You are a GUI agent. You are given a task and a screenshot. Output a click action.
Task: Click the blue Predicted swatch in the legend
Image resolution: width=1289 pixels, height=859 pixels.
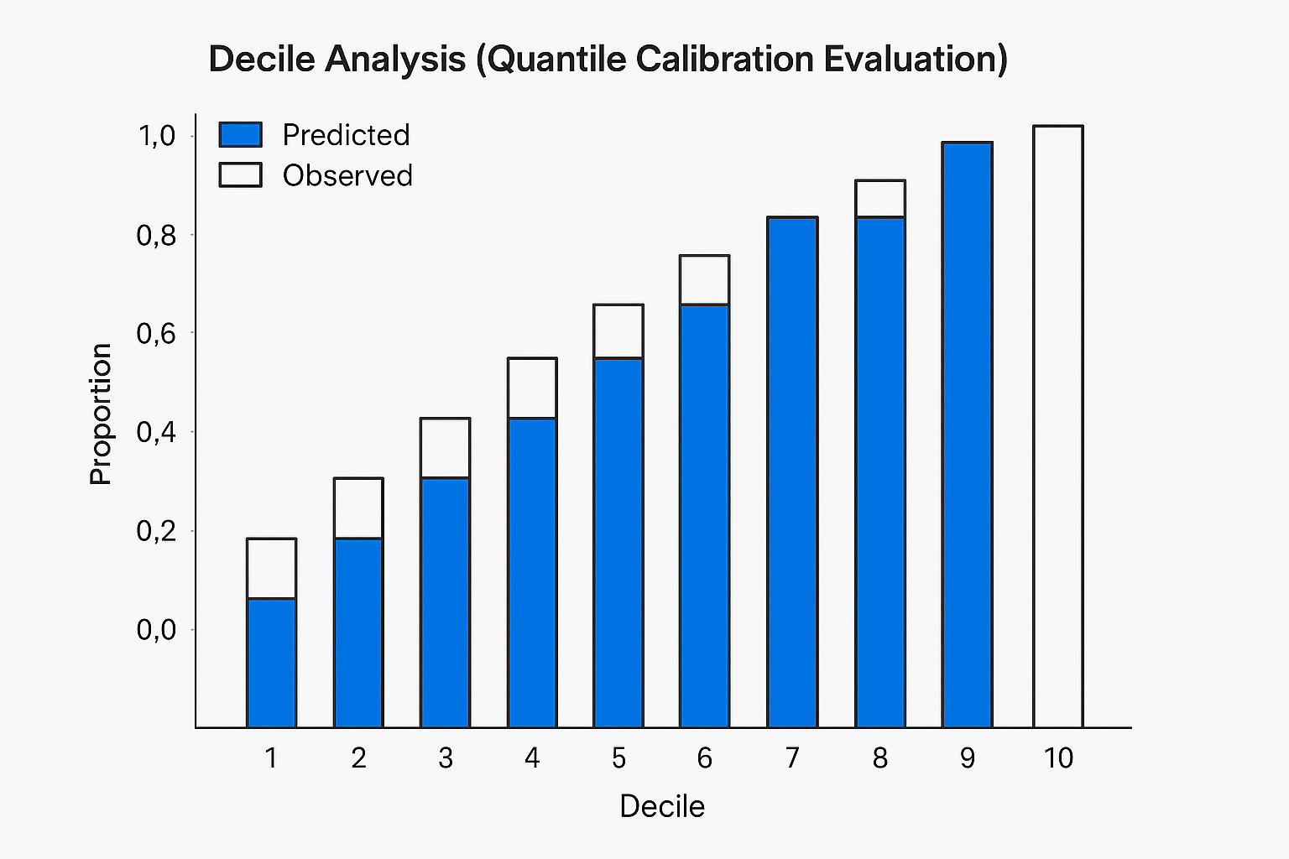click(240, 134)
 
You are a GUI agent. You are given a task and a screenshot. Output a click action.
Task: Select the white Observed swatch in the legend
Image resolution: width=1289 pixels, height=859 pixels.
click(240, 174)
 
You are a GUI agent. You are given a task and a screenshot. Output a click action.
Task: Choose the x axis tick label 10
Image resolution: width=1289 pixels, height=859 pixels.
click(1058, 758)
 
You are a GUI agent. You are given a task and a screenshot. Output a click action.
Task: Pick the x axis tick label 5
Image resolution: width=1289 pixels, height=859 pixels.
click(618, 758)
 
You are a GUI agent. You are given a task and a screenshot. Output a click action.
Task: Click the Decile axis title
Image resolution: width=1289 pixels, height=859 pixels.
click(662, 806)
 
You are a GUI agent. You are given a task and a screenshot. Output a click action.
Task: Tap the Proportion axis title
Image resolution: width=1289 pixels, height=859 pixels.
click(101, 414)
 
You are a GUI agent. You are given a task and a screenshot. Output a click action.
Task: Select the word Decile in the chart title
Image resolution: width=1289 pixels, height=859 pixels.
click(262, 60)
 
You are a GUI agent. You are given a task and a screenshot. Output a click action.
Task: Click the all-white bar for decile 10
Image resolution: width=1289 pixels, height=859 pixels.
click(1058, 426)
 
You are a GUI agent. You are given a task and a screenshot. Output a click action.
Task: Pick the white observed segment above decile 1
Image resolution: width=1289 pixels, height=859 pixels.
click(271, 568)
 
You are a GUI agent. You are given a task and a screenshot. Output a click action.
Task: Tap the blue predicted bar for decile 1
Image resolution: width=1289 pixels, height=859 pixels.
click(271, 663)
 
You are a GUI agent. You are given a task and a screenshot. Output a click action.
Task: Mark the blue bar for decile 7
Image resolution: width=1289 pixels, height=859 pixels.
click(792, 472)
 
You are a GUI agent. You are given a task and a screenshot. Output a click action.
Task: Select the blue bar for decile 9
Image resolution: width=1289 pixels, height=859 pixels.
click(967, 435)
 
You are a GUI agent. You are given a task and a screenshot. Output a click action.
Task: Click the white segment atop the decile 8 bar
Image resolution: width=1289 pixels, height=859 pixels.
click(879, 199)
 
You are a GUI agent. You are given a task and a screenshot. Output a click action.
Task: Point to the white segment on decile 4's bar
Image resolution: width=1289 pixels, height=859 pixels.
click(532, 388)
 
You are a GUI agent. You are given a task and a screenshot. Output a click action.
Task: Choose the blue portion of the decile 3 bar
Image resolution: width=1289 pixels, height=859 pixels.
click(445, 602)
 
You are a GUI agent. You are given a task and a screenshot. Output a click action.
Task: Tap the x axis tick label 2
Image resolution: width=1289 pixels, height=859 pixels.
click(358, 758)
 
